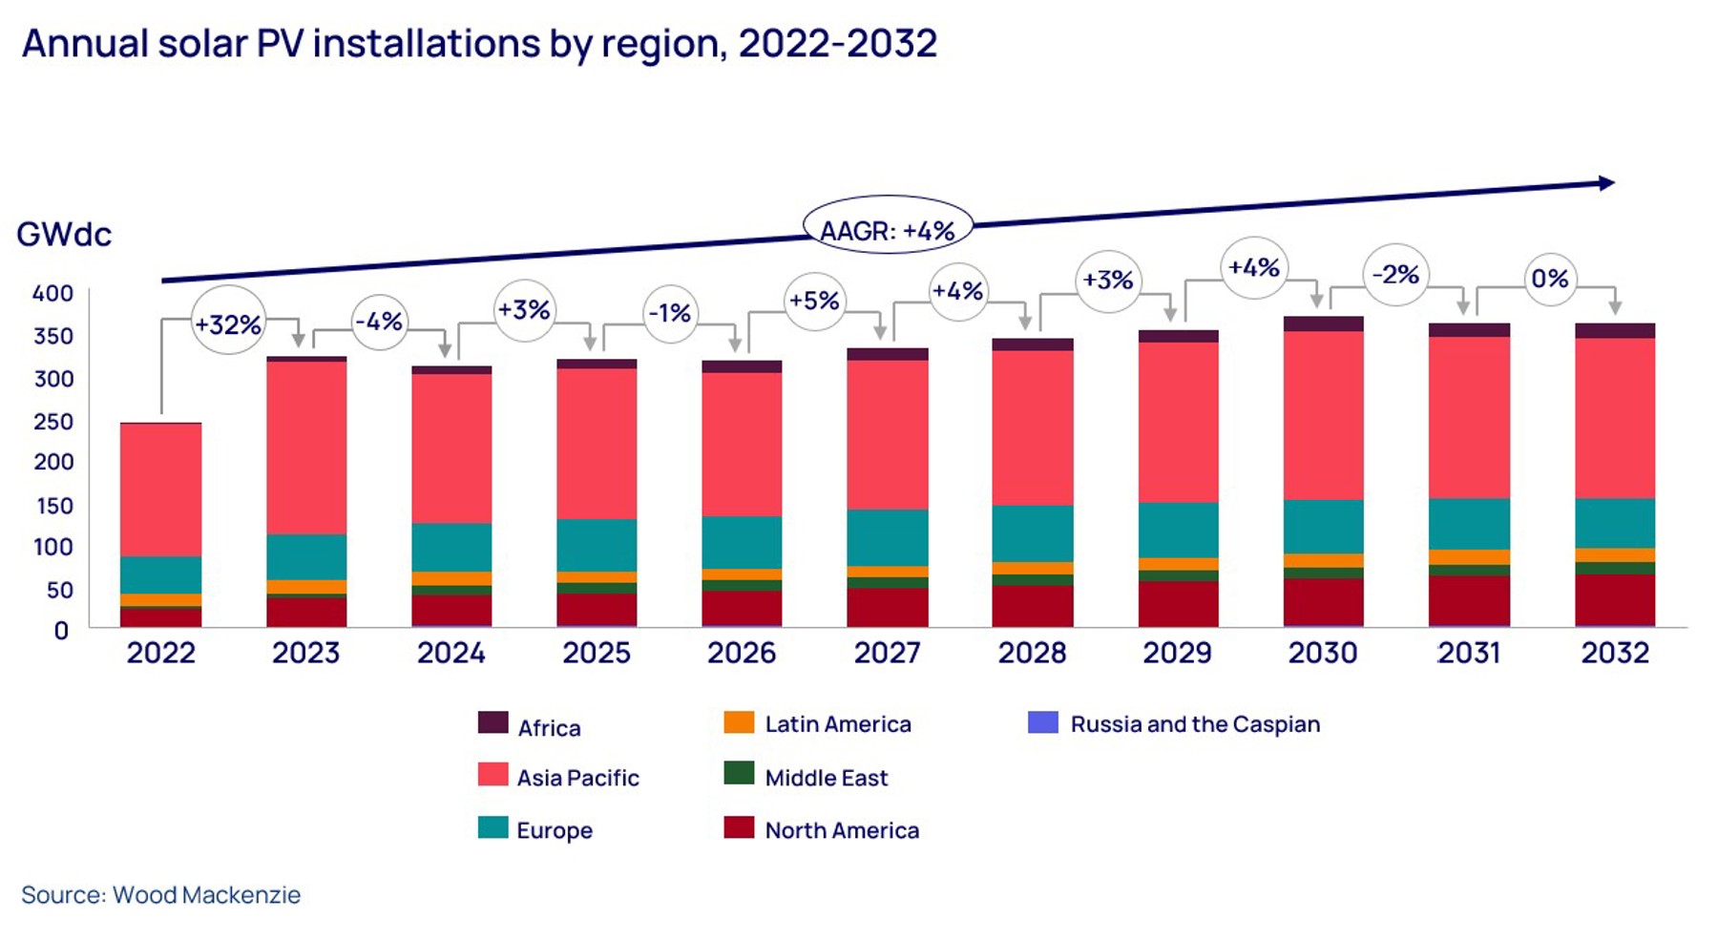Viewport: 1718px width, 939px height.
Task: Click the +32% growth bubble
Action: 228,323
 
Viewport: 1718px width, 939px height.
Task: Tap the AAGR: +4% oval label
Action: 888,230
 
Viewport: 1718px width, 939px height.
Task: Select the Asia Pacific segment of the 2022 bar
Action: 160,490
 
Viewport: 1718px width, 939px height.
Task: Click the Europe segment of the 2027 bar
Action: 887,537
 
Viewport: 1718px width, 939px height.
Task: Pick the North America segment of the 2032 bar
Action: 1615,599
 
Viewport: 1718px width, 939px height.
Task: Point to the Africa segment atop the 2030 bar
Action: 1323,323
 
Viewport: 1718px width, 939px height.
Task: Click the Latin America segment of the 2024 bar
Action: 451,578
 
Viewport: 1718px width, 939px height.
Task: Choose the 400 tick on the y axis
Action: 52,293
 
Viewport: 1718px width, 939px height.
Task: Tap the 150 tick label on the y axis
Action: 54,506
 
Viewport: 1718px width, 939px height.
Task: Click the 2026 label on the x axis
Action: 742,653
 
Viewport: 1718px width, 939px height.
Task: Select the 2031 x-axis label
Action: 1469,653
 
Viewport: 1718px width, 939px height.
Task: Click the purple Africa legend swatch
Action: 492,722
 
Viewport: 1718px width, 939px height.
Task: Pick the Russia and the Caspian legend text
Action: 1195,724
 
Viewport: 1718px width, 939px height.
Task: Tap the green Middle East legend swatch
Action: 739,773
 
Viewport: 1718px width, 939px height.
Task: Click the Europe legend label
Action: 555,830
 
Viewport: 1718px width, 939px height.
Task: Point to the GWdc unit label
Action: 64,234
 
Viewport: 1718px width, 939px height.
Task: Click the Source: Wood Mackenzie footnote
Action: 160,895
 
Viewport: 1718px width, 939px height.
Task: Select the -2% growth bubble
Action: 1395,275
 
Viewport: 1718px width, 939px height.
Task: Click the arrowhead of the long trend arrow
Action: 1606,182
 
